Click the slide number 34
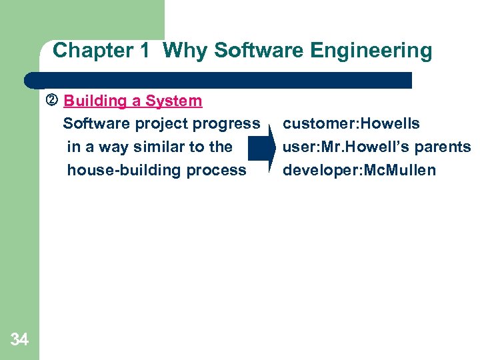tap(19, 340)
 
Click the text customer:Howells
tap(351, 124)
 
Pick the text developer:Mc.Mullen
tap(359, 170)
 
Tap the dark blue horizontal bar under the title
tap(220, 81)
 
